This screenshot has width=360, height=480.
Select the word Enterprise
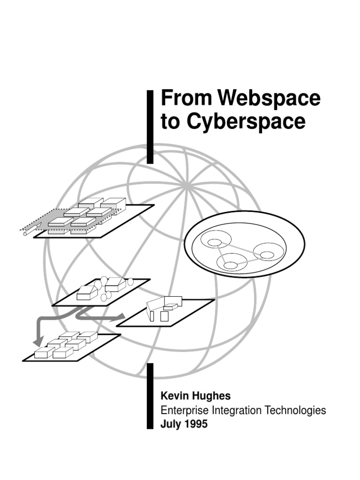185,411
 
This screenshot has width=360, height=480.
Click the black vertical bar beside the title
150,127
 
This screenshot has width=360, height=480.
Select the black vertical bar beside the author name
150,396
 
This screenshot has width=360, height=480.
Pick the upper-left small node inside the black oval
214,242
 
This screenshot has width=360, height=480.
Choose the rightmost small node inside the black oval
267,255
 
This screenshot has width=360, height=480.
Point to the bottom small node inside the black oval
230,265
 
